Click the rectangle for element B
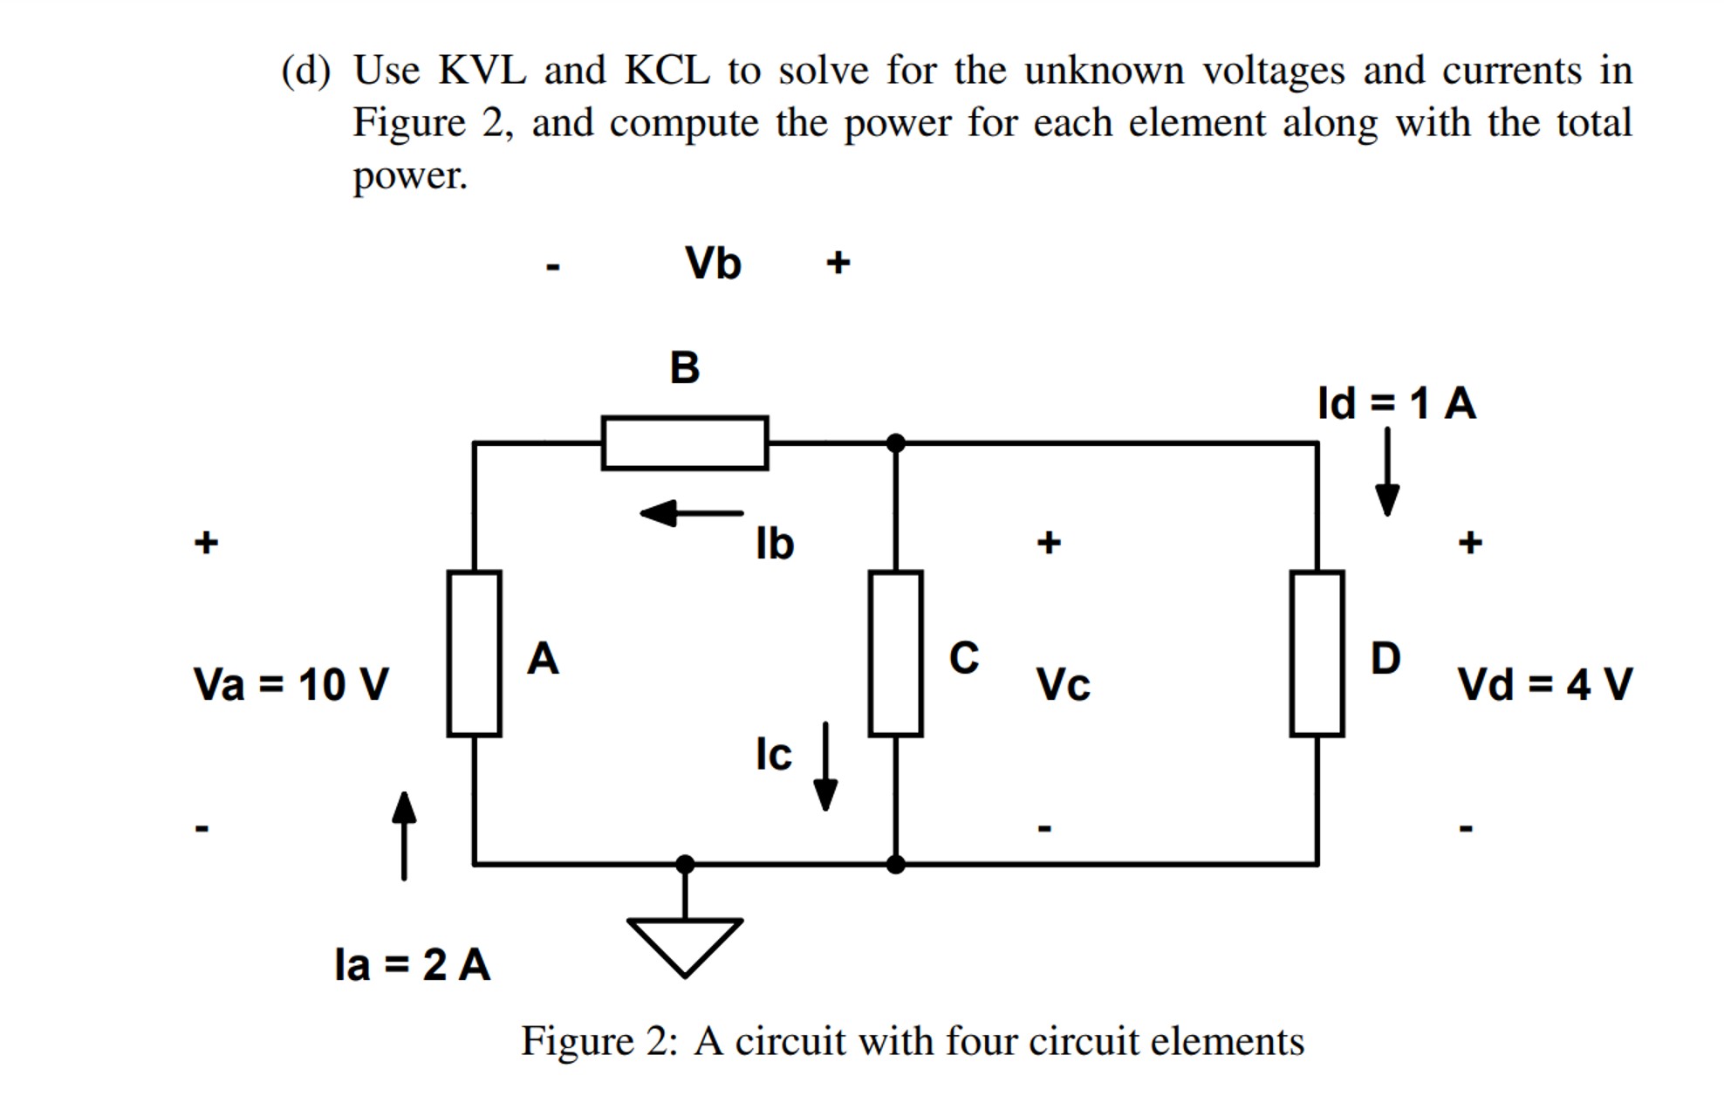coord(684,443)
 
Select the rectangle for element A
coord(474,654)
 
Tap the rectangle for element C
coord(895,654)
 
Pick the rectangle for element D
coord(1317,654)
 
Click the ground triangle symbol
coord(685,942)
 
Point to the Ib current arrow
coord(691,513)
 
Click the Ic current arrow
coord(825,766)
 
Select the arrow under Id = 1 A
coord(1387,472)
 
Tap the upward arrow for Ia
coord(404,834)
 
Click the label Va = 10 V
coord(291,684)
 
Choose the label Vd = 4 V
coord(1544,684)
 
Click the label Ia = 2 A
coord(412,965)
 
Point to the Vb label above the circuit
coord(713,264)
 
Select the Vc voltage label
coord(1063,685)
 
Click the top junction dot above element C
coord(895,443)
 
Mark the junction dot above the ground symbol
coord(685,864)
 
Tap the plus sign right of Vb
coord(838,263)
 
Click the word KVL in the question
coord(482,71)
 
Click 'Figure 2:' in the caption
coord(599,1041)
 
